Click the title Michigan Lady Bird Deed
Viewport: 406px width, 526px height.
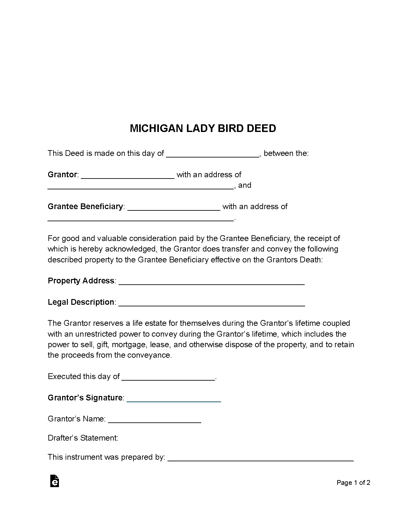203,128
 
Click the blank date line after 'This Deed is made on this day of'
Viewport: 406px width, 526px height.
213,154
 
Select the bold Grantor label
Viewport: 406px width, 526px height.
62,175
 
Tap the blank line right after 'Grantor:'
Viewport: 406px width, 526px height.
128,176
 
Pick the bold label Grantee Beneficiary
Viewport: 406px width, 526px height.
85,207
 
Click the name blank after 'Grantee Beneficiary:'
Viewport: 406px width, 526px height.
174,208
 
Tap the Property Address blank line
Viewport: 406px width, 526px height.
211,282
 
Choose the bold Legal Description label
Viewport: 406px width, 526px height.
81,302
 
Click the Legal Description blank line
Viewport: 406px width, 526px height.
211,303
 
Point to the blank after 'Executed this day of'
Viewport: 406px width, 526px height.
168,377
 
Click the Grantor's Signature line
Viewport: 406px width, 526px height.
174,399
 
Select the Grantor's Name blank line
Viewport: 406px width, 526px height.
154,420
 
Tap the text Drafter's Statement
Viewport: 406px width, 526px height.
83,438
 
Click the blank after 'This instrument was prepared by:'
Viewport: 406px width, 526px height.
260,458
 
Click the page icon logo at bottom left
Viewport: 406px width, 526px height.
55,481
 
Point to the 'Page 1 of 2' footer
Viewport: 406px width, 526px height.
353,483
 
